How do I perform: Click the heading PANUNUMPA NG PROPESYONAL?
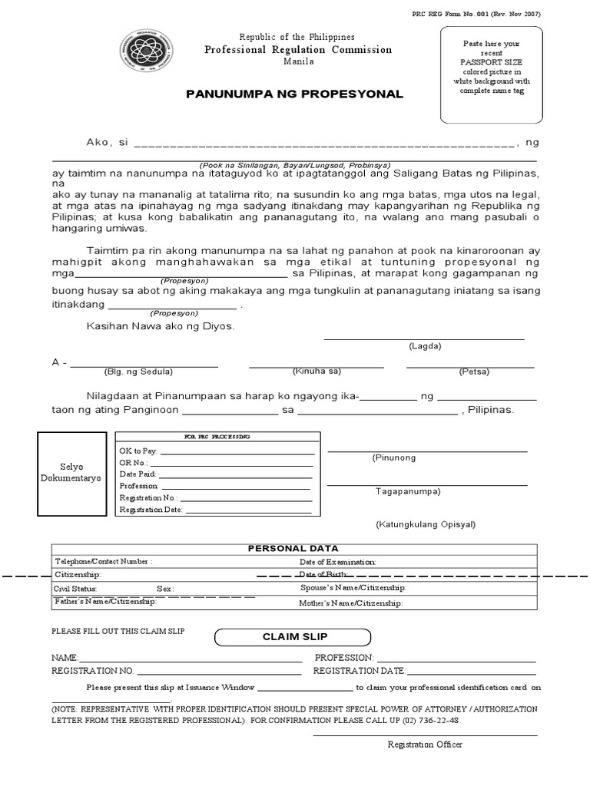pos(294,94)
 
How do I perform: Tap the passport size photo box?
pos(490,74)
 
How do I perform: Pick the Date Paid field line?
pos(235,474)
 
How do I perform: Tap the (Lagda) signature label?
pos(425,345)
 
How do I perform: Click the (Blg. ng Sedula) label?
pos(138,372)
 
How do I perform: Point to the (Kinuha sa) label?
pos(316,371)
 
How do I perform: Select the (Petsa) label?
pos(471,372)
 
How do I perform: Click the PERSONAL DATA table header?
pos(293,549)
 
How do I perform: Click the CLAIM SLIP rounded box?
pos(293,637)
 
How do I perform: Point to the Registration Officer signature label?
pos(425,744)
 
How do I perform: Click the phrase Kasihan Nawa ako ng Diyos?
pos(161,326)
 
